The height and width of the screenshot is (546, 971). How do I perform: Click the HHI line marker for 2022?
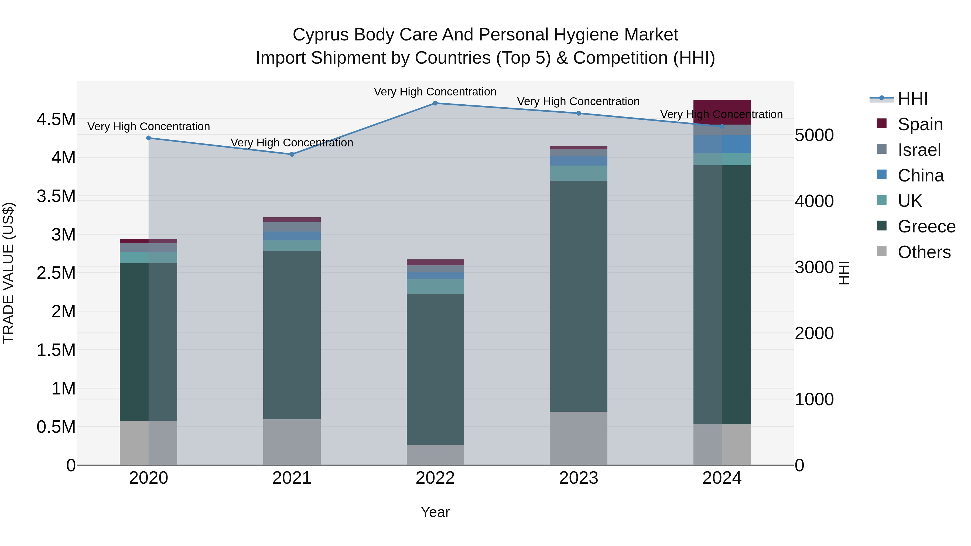click(435, 103)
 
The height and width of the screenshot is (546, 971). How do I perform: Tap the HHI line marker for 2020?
click(149, 138)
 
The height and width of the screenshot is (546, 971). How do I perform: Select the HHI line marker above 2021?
click(292, 154)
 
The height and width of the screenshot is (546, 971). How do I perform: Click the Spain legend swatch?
click(882, 123)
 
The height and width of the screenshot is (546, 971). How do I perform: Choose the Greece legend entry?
click(926, 226)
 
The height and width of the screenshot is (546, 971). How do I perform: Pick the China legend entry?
click(921, 176)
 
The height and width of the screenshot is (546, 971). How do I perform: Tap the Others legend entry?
click(924, 252)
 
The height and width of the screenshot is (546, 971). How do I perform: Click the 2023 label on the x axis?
click(578, 478)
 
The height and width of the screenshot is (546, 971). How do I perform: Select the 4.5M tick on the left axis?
click(56, 119)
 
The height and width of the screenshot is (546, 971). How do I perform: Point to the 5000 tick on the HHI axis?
click(814, 135)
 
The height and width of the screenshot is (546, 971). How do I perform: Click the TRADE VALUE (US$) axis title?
click(8, 273)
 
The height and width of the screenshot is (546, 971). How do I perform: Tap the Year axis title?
click(435, 512)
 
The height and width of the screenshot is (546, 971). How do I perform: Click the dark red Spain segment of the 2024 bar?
click(722, 112)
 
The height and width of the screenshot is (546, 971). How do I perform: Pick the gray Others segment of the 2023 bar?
click(579, 438)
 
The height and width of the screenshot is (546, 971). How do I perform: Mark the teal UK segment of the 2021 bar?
click(292, 246)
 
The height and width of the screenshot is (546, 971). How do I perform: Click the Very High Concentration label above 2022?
click(435, 92)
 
